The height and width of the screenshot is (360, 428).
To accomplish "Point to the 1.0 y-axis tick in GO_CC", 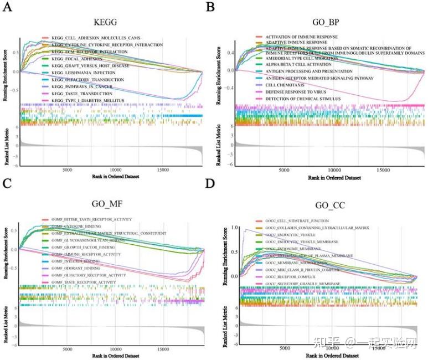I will (235, 228).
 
